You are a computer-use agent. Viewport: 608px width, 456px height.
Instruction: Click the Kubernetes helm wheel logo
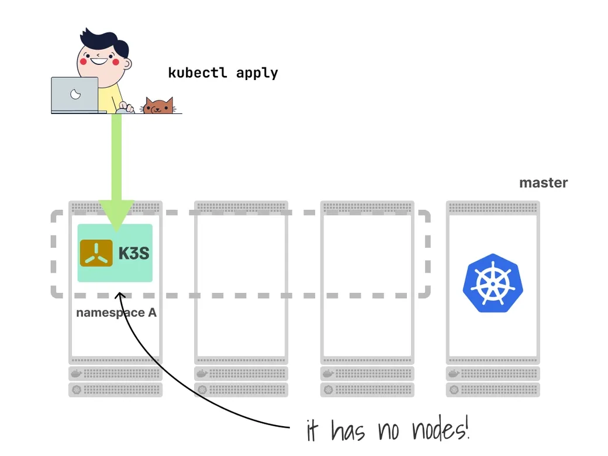(492, 282)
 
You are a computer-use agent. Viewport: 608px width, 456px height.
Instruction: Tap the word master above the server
(543, 183)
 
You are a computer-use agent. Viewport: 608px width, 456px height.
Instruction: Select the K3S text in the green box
(134, 253)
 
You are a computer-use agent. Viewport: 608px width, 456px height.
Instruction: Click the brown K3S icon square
(96, 253)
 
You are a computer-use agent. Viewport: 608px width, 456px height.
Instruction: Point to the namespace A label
(116, 313)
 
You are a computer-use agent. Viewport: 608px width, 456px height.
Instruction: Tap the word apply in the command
(257, 74)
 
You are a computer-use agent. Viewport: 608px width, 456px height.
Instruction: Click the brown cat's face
(158, 106)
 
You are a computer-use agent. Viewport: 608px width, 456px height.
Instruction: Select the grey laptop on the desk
(74, 95)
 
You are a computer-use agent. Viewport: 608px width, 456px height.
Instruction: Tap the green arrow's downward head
(116, 216)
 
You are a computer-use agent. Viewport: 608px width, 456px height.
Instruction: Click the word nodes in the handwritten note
(441, 431)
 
